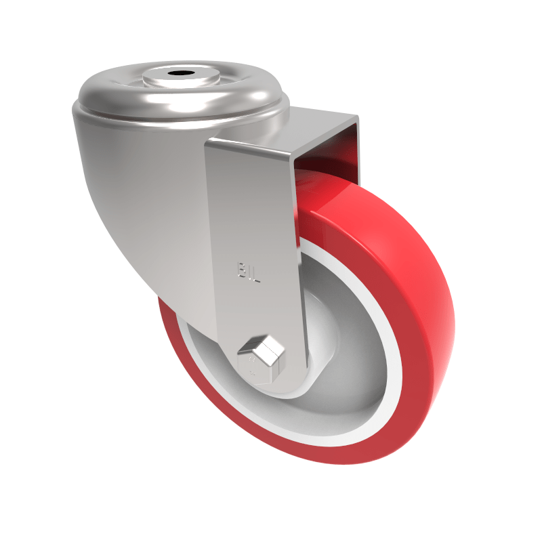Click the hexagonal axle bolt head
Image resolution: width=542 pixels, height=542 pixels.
tap(263, 355)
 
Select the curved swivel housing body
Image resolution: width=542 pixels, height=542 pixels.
tap(135, 203)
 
